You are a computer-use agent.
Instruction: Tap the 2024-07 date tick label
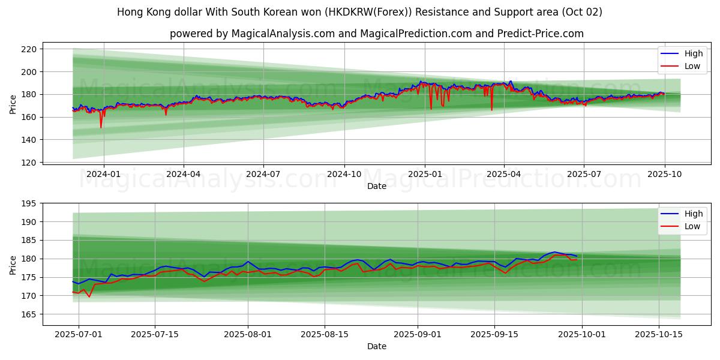[263, 174]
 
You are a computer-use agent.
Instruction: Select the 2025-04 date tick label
[504, 174]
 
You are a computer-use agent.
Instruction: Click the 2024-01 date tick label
[104, 174]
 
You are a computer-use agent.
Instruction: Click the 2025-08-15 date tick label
[325, 334]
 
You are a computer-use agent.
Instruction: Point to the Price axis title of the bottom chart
[13, 264]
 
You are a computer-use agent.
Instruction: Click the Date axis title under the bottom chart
[376, 346]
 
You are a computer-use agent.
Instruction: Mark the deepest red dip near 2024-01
[101, 127]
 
